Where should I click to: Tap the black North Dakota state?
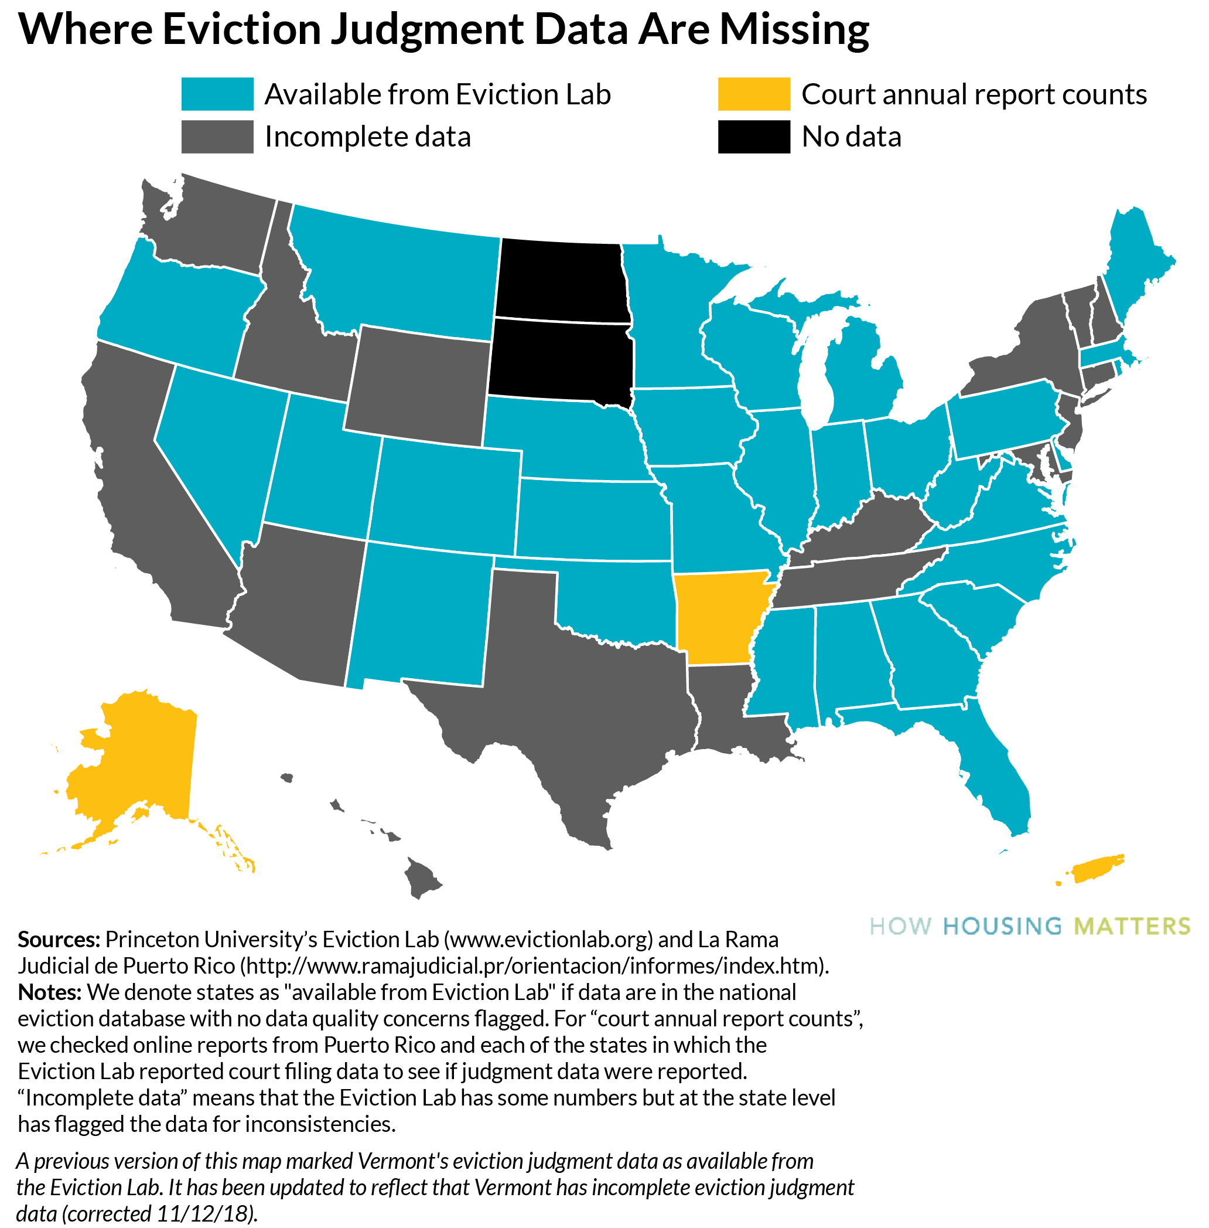(x=561, y=280)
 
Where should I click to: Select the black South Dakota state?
(x=561, y=359)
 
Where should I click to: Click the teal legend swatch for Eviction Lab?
(x=217, y=94)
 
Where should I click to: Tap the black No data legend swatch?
(x=754, y=137)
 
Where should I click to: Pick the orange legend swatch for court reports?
(x=754, y=94)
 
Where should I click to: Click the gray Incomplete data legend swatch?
(x=217, y=137)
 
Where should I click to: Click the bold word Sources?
(x=59, y=939)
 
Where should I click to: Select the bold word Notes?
(x=49, y=992)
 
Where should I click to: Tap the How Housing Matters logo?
(x=1029, y=926)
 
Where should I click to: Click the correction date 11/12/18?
(x=204, y=1213)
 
